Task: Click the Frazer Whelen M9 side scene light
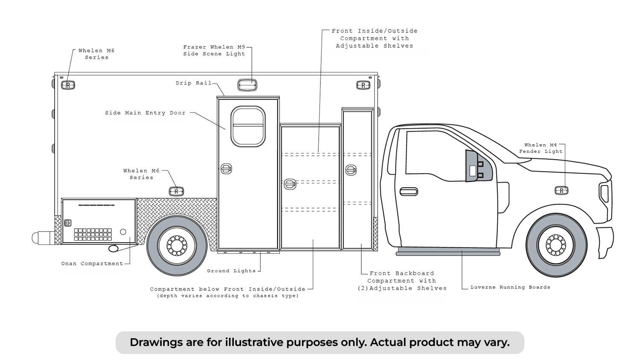(x=247, y=85)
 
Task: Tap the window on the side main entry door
(x=248, y=126)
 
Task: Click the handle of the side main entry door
(x=226, y=168)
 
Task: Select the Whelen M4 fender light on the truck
(x=561, y=190)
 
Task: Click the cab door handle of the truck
(x=409, y=192)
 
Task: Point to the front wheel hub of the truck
(x=556, y=245)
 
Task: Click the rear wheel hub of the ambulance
(x=177, y=245)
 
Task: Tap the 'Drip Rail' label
(x=194, y=83)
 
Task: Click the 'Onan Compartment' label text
(x=92, y=264)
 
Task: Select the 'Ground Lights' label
(x=231, y=270)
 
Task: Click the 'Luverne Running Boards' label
(x=510, y=287)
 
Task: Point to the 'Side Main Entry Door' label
(x=145, y=113)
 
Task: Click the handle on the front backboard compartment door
(x=351, y=170)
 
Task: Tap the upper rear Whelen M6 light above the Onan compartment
(x=68, y=85)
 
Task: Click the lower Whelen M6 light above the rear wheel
(x=176, y=192)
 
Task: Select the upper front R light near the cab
(x=363, y=85)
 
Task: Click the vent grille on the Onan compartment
(x=93, y=234)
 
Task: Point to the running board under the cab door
(x=448, y=251)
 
